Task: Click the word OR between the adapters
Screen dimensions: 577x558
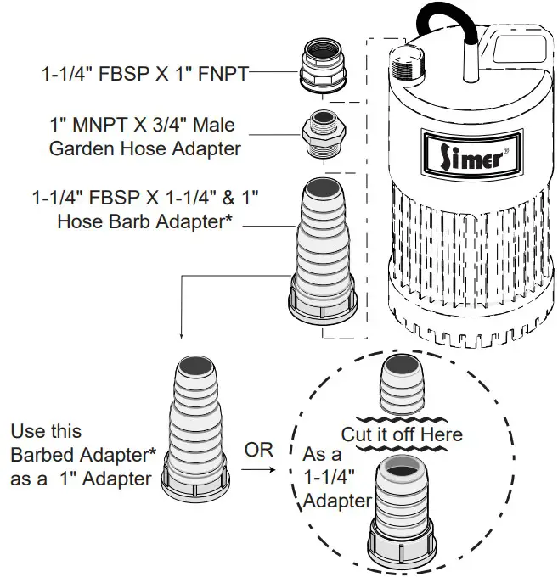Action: click(x=259, y=450)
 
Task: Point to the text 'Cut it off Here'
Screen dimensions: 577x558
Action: click(x=402, y=434)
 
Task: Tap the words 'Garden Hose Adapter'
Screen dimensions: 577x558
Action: click(x=144, y=148)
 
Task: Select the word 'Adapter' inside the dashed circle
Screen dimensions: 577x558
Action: click(x=338, y=501)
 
